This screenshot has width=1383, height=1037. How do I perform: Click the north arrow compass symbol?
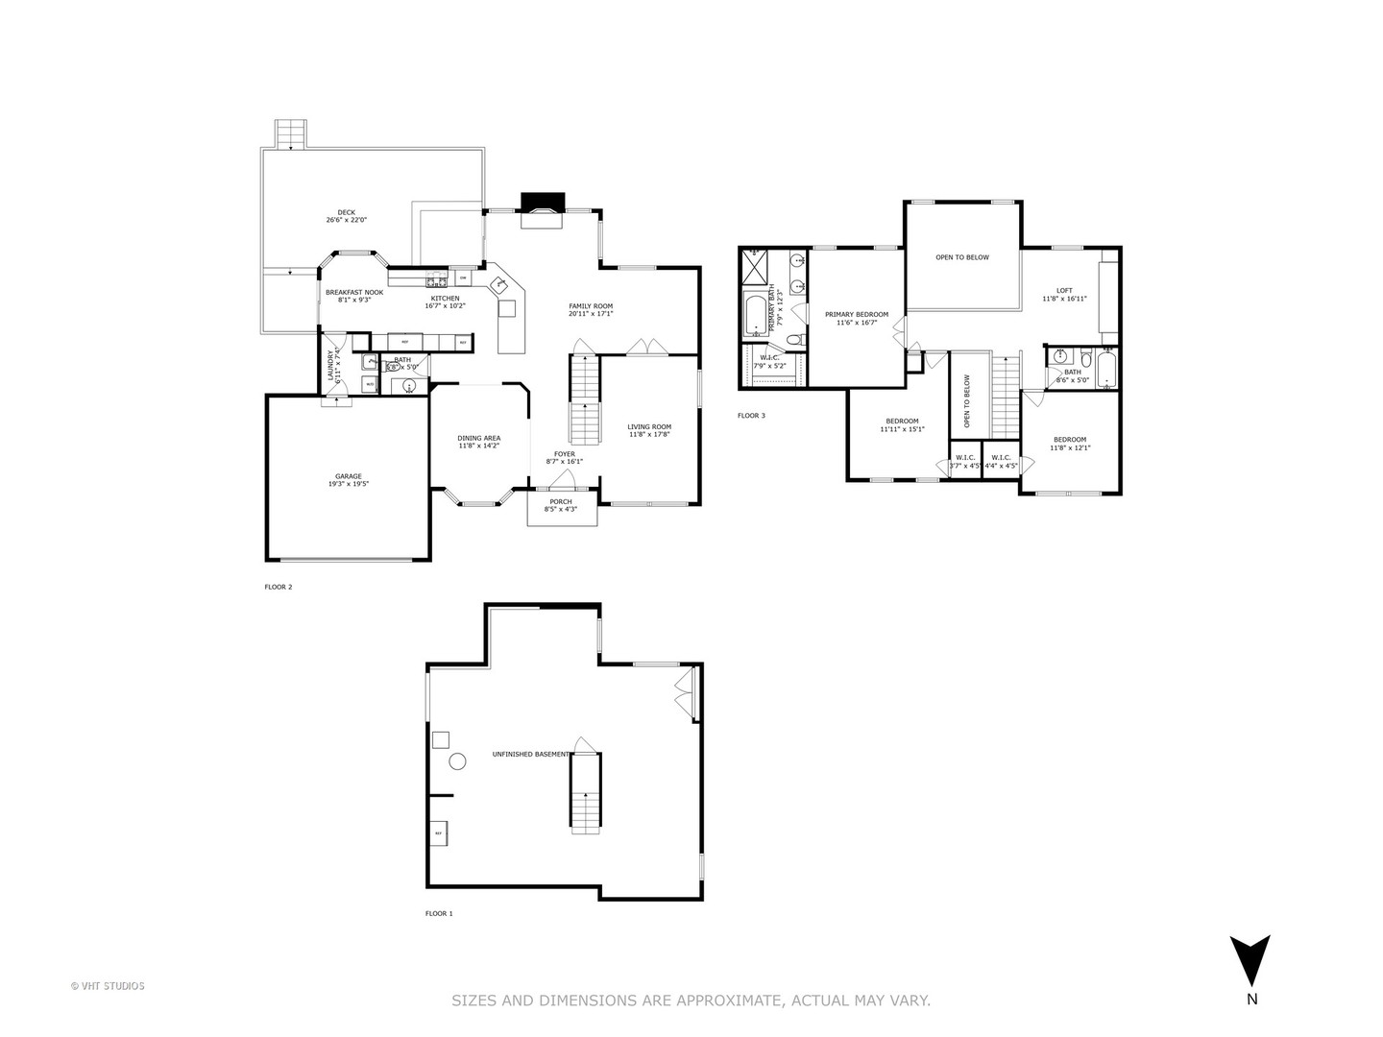pyautogui.click(x=1250, y=960)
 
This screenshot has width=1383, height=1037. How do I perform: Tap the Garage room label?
pyautogui.click(x=348, y=476)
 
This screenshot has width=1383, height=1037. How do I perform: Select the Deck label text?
pyautogui.click(x=346, y=212)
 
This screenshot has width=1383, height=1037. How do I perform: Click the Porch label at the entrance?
pyautogui.click(x=561, y=501)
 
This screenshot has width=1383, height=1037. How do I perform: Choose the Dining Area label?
pyautogui.click(x=478, y=438)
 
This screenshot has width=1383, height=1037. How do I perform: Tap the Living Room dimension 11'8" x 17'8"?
pyautogui.click(x=649, y=435)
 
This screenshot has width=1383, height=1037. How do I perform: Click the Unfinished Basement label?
pyautogui.click(x=530, y=754)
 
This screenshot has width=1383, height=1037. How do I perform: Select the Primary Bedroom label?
pyautogui.click(x=857, y=314)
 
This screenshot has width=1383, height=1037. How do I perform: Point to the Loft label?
pyautogui.click(x=1064, y=290)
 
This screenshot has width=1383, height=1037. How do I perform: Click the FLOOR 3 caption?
pyautogui.click(x=751, y=416)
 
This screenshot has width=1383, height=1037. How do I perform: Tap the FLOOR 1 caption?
pyautogui.click(x=439, y=913)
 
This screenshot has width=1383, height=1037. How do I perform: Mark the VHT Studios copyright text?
pyautogui.click(x=108, y=985)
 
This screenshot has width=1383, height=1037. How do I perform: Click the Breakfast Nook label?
pyautogui.click(x=354, y=292)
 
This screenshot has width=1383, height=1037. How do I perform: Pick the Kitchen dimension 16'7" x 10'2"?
pyautogui.click(x=445, y=305)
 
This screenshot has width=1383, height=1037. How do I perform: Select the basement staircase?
pyautogui.click(x=585, y=793)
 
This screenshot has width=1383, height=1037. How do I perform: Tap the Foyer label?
pyautogui.click(x=565, y=453)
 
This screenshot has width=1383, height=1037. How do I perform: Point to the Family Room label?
pyautogui.click(x=591, y=305)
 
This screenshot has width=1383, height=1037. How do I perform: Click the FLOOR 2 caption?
pyautogui.click(x=279, y=587)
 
